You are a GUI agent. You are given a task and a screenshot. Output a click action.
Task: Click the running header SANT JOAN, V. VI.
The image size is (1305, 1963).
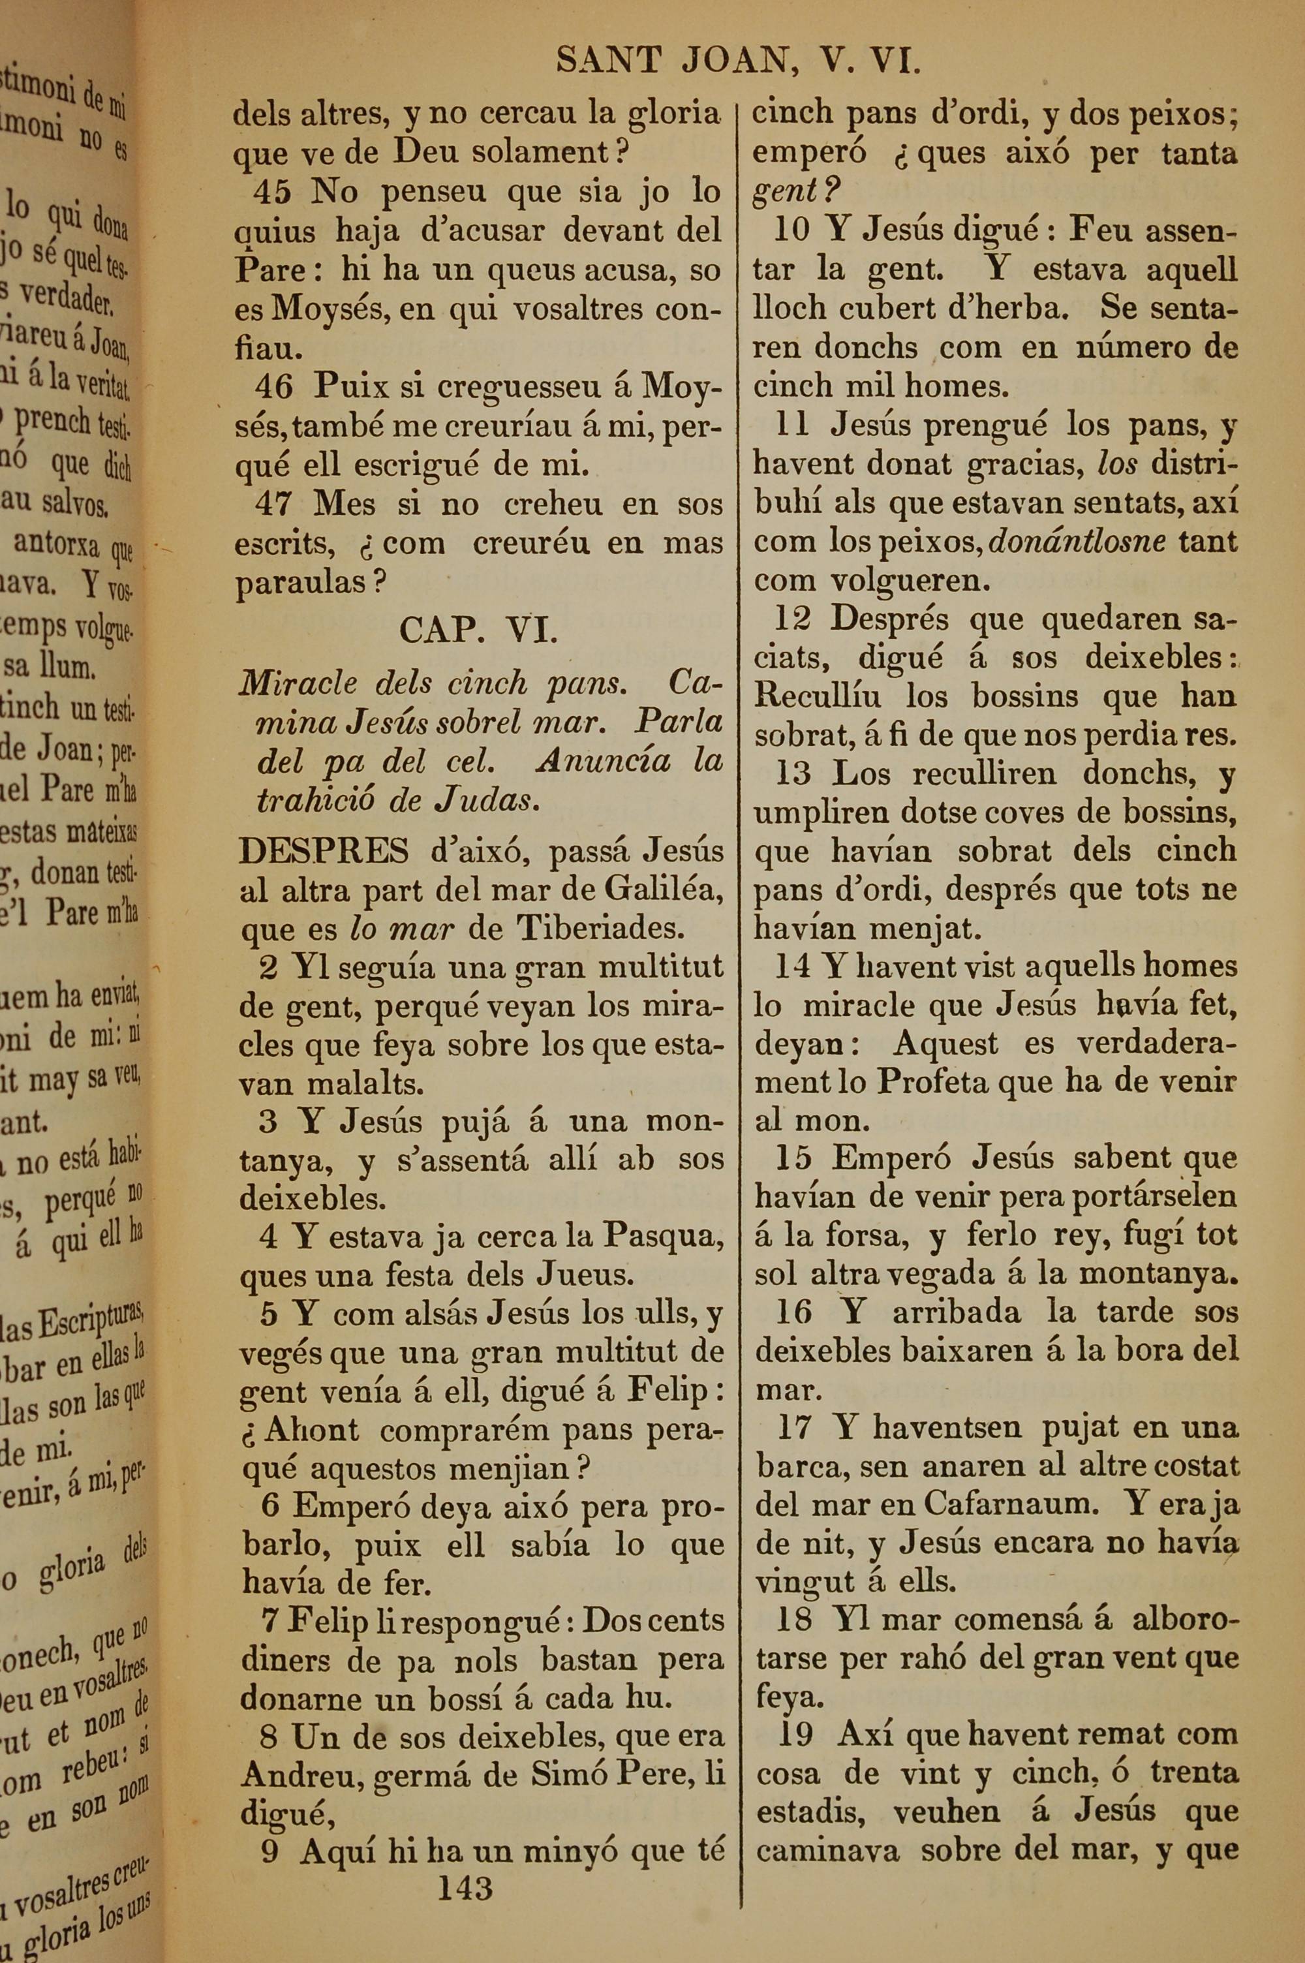tap(737, 61)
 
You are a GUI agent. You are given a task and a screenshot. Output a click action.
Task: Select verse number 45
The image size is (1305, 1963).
tap(272, 193)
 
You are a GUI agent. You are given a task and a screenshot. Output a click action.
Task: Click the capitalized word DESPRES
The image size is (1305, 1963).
tap(324, 851)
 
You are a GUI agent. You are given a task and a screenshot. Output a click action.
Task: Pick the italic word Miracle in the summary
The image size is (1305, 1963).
tap(297, 684)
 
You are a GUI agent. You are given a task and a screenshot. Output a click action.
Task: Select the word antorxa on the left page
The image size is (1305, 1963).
tap(57, 545)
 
